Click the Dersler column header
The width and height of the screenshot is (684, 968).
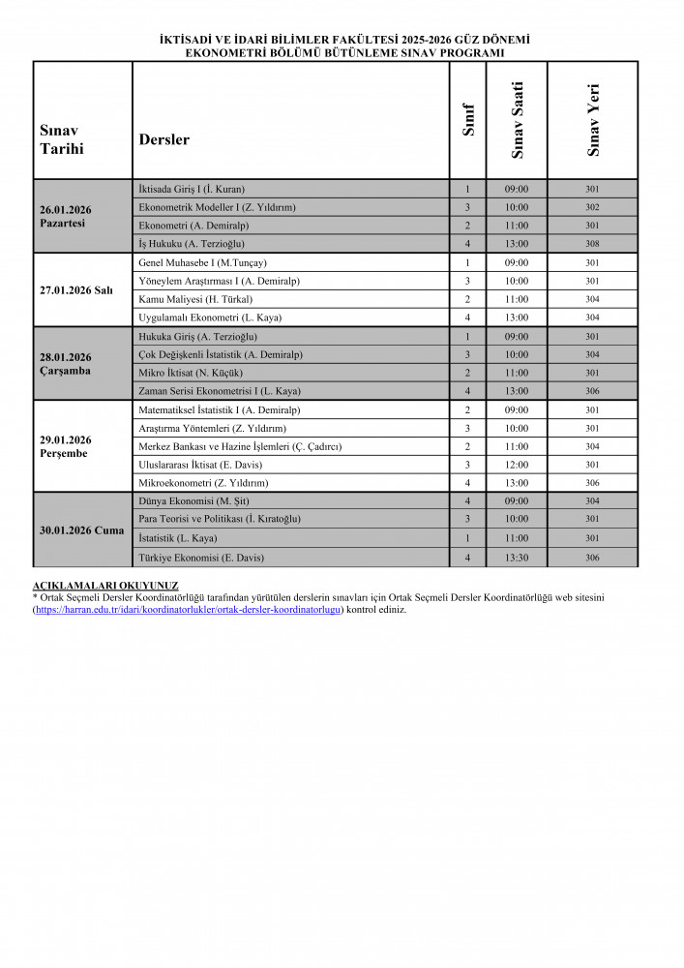(x=164, y=139)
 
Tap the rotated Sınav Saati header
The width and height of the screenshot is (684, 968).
(x=518, y=120)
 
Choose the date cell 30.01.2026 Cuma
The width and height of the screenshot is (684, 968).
(x=81, y=530)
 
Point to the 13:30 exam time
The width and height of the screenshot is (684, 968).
(x=517, y=558)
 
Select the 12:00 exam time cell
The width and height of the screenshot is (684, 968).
(x=517, y=465)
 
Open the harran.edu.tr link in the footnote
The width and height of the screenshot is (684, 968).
(x=188, y=610)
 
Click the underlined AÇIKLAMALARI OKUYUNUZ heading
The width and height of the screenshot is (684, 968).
(x=105, y=586)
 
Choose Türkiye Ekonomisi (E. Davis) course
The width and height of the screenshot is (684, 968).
(x=201, y=558)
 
